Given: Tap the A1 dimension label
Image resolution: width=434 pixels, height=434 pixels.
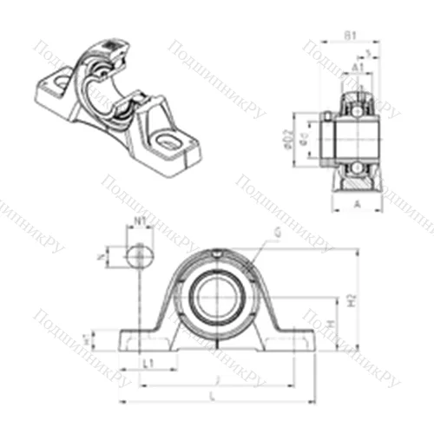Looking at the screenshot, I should pyautogui.click(x=357, y=69).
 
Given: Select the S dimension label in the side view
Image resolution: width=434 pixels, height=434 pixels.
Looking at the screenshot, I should pyautogui.click(x=370, y=54).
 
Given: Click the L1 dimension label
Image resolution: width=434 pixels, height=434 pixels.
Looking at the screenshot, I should pyautogui.click(x=149, y=362).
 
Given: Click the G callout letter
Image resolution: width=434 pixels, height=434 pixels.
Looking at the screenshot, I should pyautogui.click(x=277, y=233).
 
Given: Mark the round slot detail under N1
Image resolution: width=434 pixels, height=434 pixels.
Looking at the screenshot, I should pyautogui.click(x=137, y=256).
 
